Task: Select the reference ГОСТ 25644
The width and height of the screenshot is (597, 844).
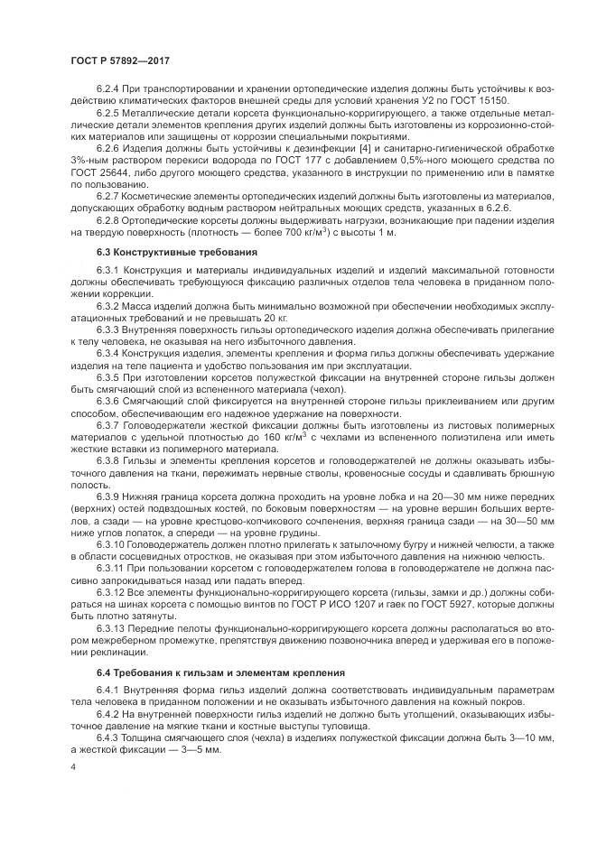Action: (98, 170)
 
